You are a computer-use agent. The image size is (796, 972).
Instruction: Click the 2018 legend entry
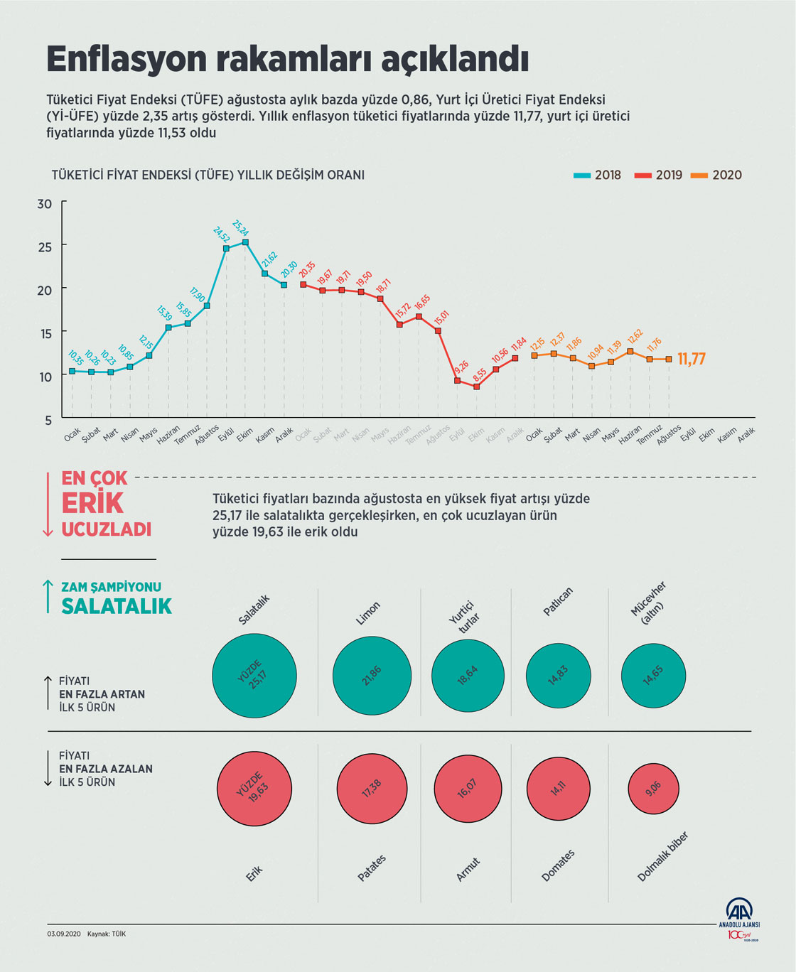click(x=597, y=175)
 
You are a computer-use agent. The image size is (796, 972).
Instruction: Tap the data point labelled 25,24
click(x=245, y=242)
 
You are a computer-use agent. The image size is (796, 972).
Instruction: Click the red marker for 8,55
click(x=476, y=387)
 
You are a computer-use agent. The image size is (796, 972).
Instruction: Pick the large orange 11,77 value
click(x=691, y=359)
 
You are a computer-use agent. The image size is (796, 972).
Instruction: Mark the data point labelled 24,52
click(x=226, y=249)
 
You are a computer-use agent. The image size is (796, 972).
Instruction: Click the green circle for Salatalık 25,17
click(x=254, y=676)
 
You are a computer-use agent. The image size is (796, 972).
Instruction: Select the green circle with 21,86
click(x=372, y=676)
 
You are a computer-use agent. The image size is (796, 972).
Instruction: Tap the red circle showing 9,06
click(x=653, y=788)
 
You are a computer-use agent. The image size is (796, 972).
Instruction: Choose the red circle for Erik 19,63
click(x=254, y=788)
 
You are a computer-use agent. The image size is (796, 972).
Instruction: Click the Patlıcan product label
click(x=558, y=602)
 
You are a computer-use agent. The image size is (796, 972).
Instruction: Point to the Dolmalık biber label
click(x=662, y=857)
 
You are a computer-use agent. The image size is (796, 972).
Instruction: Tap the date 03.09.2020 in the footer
click(x=65, y=934)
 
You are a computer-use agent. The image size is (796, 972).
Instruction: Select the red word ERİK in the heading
click(x=92, y=503)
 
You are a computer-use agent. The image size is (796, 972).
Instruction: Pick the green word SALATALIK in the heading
click(x=117, y=606)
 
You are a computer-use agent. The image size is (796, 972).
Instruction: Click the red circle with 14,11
click(x=558, y=788)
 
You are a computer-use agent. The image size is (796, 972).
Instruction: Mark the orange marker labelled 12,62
click(x=630, y=351)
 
